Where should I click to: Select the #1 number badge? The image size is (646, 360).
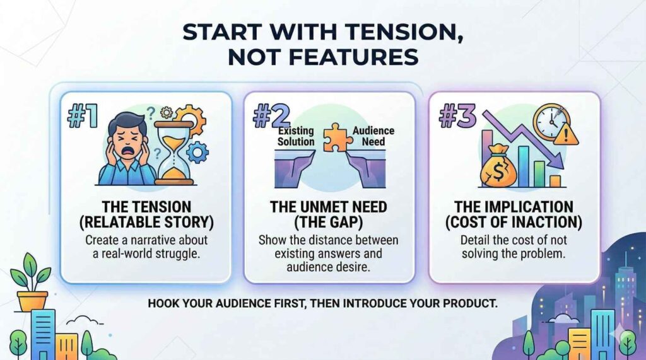(x=83, y=116)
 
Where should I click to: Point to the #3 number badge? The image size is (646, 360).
(x=457, y=116)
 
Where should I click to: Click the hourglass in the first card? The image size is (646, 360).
(x=174, y=152)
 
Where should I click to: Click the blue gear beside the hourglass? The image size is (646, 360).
(x=197, y=153)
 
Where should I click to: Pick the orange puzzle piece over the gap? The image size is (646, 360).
(x=338, y=137)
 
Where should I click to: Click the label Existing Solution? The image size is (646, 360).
(x=296, y=136)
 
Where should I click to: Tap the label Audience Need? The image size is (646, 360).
(x=373, y=136)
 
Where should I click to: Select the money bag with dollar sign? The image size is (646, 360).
(x=498, y=167)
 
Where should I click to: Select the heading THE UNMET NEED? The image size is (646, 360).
(x=328, y=207)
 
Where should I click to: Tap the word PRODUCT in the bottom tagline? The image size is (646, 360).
(x=470, y=303)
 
